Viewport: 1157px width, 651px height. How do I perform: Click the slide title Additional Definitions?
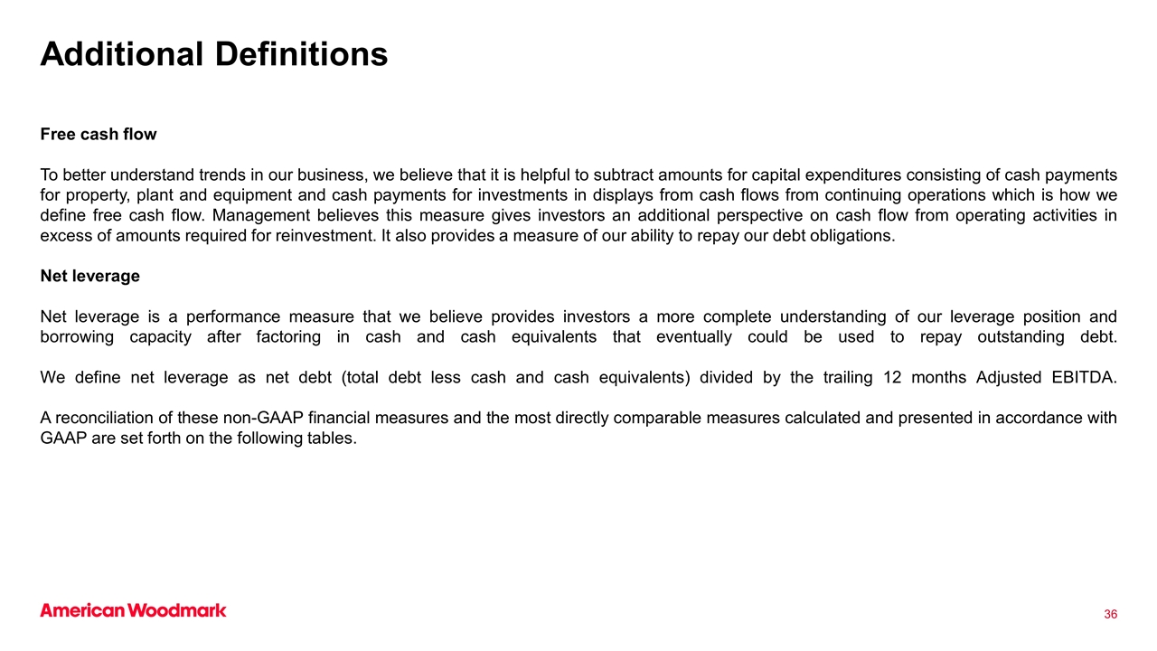214,54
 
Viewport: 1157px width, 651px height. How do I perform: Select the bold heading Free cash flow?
99,135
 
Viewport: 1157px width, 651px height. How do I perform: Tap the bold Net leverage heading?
90,276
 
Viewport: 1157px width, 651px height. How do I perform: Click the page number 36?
1110,615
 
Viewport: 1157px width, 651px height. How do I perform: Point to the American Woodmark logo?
133,610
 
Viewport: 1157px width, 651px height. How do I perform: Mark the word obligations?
844,236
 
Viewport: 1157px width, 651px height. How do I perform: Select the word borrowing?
78,336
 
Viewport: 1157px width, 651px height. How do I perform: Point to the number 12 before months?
892,377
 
